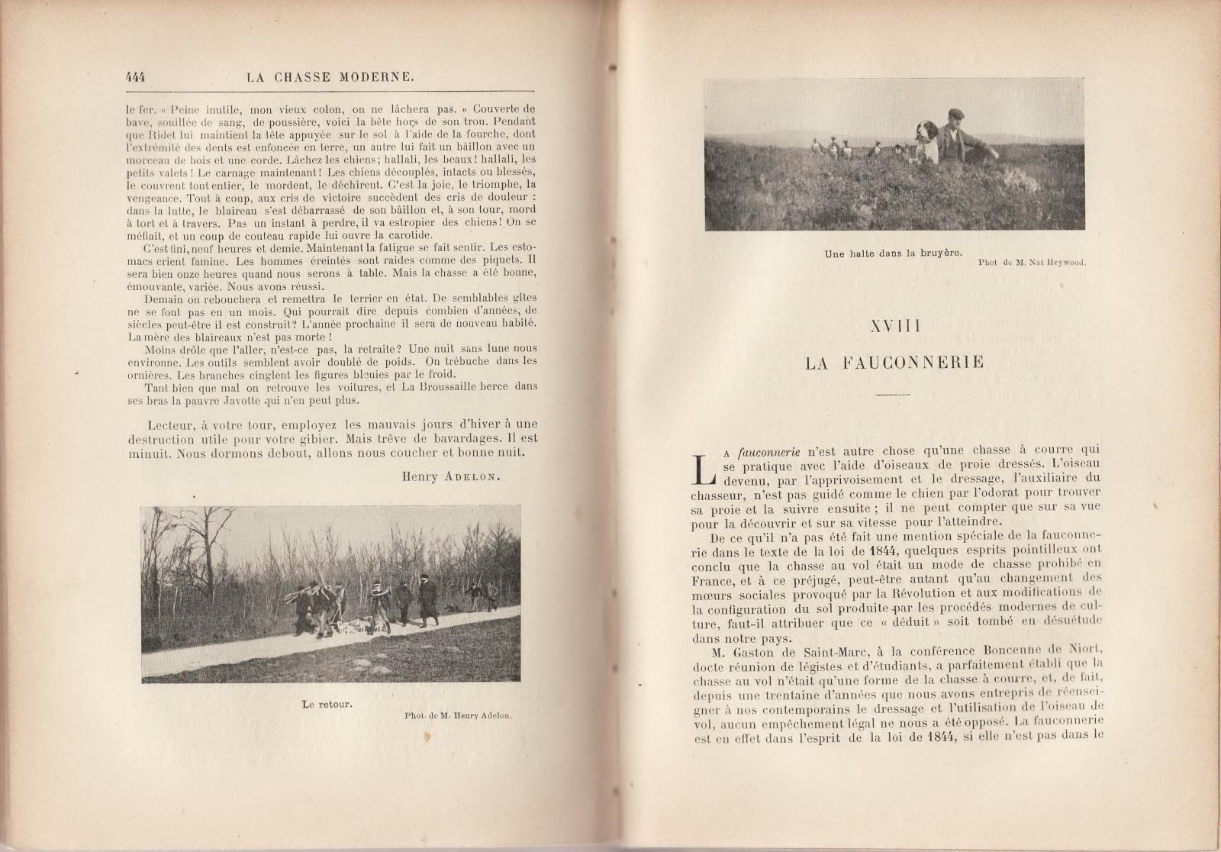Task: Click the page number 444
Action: click(x=135, y=77)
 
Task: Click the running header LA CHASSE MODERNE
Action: click(x=331, y=77)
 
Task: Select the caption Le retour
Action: click(x=327, y=703)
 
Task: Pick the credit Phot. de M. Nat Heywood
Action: click(x=1031, y=263)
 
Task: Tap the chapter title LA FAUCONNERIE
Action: click(x=894, y=363)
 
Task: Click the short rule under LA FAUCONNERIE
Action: click(x=894, y=394)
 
